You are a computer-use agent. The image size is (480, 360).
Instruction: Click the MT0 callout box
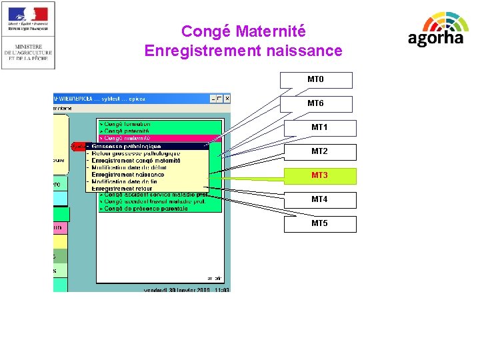tap(315, 80)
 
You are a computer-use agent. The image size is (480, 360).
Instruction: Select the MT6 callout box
tap(315, 104)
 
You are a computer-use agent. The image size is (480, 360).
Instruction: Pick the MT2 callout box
tap(319, 152)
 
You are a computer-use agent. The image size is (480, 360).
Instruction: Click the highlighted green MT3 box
tap(319, 176)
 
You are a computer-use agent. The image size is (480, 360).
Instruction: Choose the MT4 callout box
tap(319, 200)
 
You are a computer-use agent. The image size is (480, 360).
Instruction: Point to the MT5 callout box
tap(319, 224)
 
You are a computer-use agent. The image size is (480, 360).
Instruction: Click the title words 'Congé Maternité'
tap(243, 31)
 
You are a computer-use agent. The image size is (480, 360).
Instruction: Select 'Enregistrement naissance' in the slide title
tap(243, 51)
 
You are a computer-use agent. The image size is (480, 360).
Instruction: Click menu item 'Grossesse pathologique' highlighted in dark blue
tap(127, 146)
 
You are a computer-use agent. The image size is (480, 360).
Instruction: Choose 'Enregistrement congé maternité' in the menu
tap(137, 161)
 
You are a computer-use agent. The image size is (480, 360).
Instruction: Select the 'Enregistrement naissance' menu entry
tap(128, 175)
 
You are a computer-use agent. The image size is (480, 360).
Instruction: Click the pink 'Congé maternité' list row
tap(127, 139)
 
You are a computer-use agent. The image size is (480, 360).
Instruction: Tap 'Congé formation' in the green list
tap(127, 124)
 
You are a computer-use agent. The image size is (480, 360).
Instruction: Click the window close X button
tap(227, 99)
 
